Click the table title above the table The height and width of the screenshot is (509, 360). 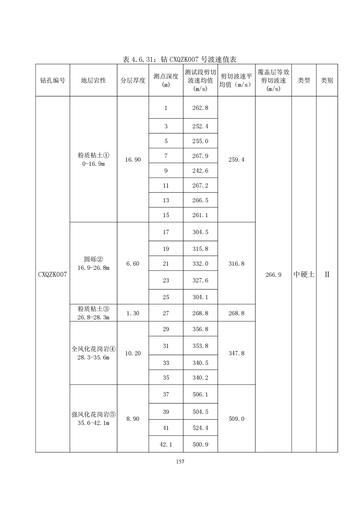point(181,59)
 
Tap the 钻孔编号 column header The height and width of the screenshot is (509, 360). point(53,80)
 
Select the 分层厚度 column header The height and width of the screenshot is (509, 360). point(133,80)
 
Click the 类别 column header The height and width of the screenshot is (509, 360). point(327,80)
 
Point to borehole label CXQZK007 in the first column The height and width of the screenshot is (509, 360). point(53,274)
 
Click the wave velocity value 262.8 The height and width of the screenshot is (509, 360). point(200,108)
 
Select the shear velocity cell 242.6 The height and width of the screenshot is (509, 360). point(200,171)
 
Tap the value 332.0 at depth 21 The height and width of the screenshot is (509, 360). point(200,264)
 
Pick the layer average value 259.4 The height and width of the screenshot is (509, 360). point(236,159)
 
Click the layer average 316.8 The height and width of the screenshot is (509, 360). point(236,264)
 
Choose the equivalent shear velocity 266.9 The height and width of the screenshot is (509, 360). point(273,274)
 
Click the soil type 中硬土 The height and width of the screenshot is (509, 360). point(304,274)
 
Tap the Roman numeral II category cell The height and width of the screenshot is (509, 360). point(327,274)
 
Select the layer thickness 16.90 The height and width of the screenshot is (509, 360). point(133,159)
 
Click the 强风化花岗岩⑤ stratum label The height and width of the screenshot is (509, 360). point(94,414)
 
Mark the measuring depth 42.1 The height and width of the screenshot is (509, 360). point(166,445)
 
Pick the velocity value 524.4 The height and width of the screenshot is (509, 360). point(200,428)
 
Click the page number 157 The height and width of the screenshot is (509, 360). point(180,462)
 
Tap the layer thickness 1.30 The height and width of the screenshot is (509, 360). point(133,313)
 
